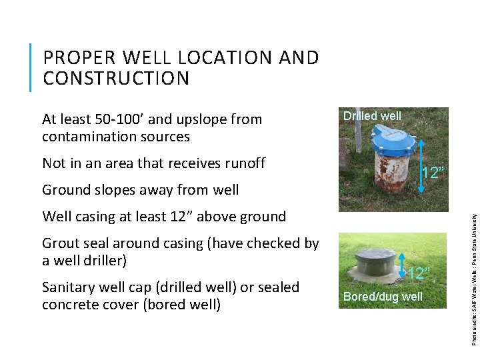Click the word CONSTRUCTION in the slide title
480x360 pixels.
116,79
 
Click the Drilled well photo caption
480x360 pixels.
372,116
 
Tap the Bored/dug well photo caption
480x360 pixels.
383,296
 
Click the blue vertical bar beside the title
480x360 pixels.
31,67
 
